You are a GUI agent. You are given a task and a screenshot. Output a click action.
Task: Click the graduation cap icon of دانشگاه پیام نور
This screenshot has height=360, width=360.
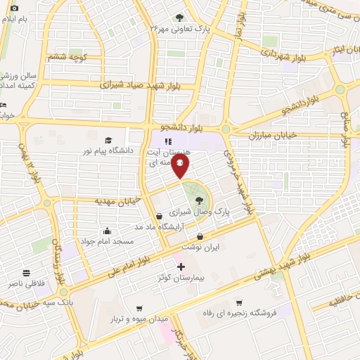(108, 140)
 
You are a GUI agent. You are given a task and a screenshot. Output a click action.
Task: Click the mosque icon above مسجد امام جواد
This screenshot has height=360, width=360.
(106, 231)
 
